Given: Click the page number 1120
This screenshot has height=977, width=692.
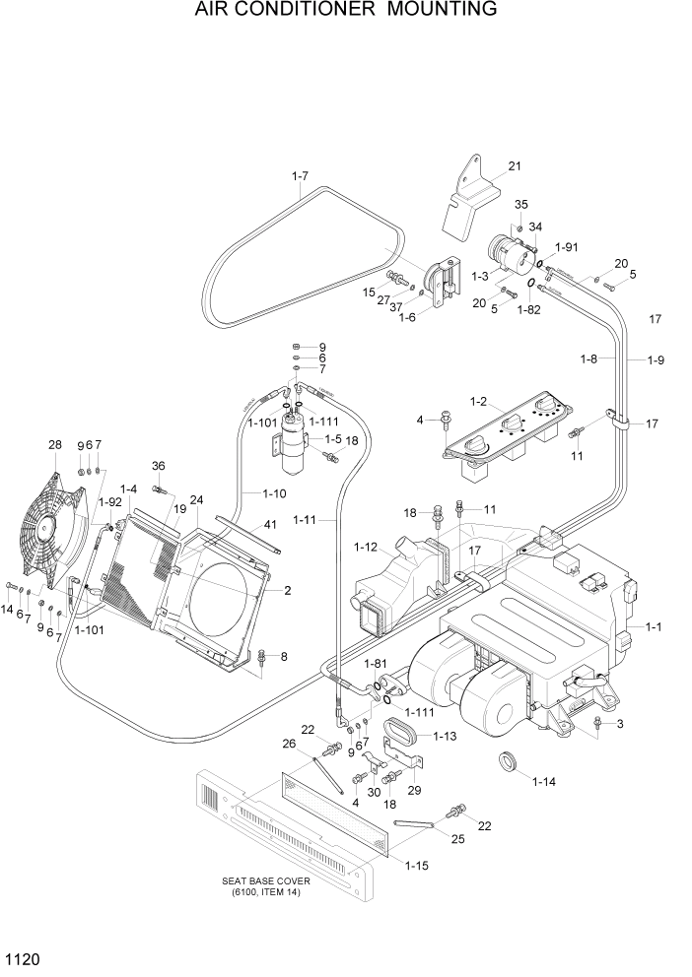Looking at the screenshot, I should coord(23,957).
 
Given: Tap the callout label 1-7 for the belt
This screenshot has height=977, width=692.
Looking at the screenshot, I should coord(300,176).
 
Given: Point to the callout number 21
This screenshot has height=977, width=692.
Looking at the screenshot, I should coord(514,165).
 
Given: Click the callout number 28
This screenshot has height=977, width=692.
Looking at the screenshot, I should coord(55,445).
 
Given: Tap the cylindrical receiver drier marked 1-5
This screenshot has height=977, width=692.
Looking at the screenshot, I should coord(293,439).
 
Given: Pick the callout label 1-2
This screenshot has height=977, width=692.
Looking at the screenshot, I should coord(480,401).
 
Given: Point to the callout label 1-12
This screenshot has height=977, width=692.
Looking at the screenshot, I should coord(365,547).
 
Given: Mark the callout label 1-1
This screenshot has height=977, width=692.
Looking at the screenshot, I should coord(653,627).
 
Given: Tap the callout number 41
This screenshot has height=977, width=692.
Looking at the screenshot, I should coord(270,526).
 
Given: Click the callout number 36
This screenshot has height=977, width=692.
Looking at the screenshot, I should coord(158,466).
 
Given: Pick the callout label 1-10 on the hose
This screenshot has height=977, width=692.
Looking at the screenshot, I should coord(274,492).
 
